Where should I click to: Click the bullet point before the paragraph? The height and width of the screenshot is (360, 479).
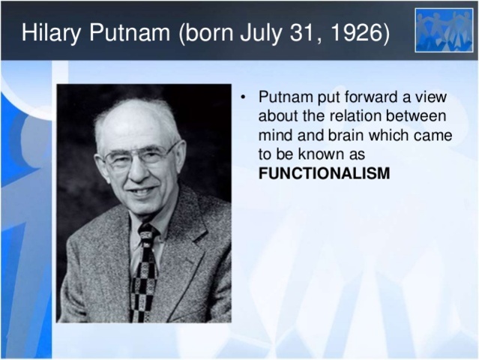(244, 97)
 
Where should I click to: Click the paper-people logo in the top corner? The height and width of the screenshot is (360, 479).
(445, 30)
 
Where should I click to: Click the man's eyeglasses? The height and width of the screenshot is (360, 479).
(140, 156)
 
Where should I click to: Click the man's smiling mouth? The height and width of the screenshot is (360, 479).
(142, 191)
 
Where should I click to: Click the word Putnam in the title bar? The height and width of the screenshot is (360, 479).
(129, 33)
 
